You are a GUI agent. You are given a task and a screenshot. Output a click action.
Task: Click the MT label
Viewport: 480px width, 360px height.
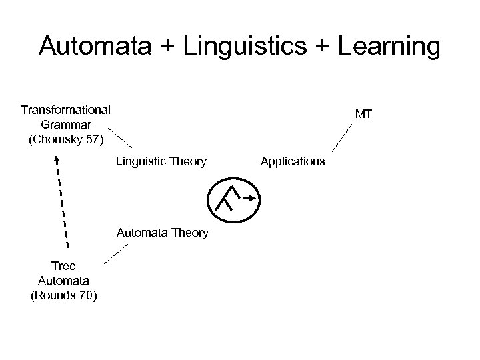[363, 115]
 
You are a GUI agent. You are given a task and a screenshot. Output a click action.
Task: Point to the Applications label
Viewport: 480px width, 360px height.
[293, 161]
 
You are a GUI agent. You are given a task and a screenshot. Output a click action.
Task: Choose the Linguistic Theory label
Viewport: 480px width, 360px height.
[161, 161]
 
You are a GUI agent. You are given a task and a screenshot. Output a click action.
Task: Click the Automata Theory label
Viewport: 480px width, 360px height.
[162, 233]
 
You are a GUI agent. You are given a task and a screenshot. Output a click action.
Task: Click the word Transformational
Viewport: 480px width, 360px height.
[66, 109]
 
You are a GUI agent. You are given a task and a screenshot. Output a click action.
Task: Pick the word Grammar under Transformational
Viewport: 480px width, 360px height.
[65, 125]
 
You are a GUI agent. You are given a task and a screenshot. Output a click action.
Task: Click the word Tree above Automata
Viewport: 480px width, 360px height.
[63, 266]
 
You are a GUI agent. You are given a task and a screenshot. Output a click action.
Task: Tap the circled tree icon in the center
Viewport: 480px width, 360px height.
[233, 199]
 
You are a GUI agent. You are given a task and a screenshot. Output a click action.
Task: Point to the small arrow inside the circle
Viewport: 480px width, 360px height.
[247, 198]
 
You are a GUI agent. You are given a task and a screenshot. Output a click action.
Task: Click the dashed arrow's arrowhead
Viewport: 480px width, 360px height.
[57, 160]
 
